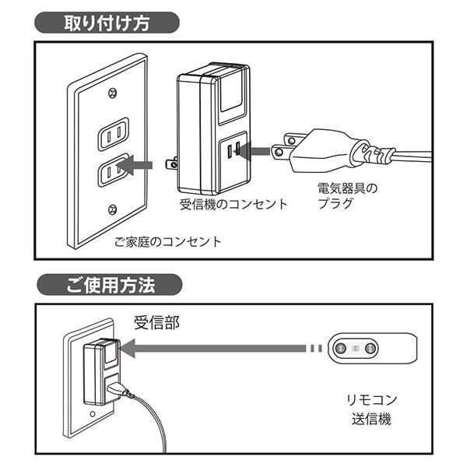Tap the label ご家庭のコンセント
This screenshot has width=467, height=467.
(167, 241)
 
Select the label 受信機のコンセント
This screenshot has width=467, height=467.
(233, 205)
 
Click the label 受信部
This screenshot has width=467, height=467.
(156, 323)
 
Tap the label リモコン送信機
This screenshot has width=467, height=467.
(372, 409)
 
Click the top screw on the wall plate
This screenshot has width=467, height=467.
(114, 94)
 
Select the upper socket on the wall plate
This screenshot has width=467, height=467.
(114, 134)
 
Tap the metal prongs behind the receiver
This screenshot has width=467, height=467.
(170, 163)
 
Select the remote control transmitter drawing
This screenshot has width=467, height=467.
(373, 349)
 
